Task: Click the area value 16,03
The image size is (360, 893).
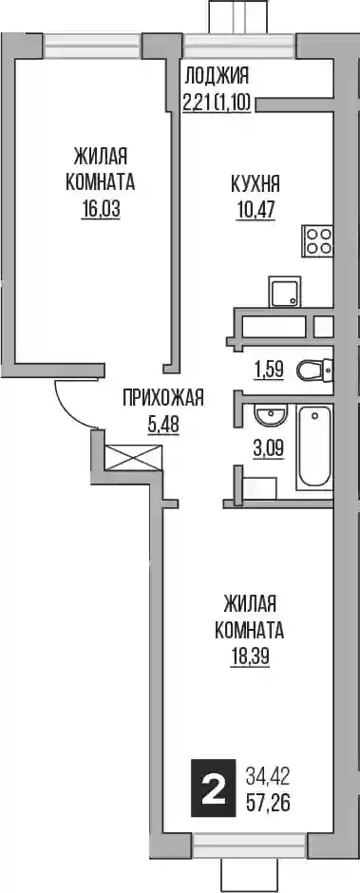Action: [101, 210]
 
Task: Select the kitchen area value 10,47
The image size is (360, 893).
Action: [256, 210]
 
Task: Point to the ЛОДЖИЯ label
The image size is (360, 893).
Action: [218, 75]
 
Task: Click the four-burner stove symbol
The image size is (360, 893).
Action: [318, 241]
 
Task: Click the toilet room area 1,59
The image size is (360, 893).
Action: [267, 370]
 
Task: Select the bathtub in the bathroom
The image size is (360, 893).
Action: [313, 447]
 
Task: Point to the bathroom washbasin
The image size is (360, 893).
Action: [269, 414]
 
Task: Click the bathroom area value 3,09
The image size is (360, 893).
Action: [268, 446]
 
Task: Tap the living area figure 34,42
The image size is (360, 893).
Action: [267, 774]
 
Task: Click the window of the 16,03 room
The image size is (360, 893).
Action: [93, 44]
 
